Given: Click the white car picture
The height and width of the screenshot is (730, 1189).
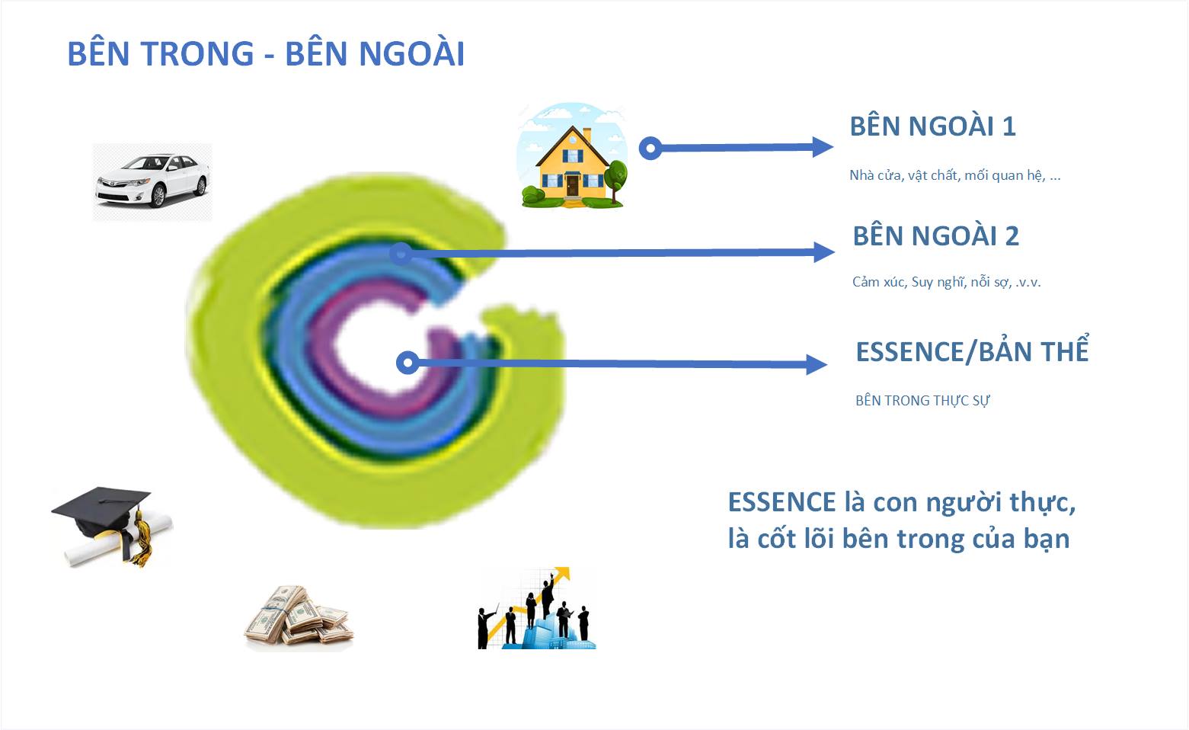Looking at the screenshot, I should click(x=152, y=181).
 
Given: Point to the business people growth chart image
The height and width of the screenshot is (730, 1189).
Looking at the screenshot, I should click(x=536, y=610).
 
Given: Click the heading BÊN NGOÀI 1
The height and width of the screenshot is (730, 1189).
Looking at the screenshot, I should click(x=932, y=126).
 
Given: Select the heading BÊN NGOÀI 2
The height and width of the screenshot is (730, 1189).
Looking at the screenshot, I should click(x=935, y=236).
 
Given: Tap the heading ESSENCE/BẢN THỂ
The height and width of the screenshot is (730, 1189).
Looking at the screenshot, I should click(x=972, y=352).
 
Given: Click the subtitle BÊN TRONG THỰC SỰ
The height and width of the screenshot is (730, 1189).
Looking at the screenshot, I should click(x=922, y=401).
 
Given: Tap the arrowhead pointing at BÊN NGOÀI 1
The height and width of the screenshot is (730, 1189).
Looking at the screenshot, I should click(x=823, y=147).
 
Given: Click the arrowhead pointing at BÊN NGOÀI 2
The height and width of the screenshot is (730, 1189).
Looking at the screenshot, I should click(x=824, y=252).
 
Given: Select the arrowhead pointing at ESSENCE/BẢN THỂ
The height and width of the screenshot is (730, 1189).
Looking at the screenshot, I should click(x=817, y=364).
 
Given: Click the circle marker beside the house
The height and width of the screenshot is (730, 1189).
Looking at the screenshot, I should click(x=650, y=148).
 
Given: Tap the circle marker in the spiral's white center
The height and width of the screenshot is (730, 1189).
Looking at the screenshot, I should click(x=408, y=363).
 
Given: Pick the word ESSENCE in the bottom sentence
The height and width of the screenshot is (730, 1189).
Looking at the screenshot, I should click(x=781, y=503).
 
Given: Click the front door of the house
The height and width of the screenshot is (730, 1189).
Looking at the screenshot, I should click(x=572, y=185).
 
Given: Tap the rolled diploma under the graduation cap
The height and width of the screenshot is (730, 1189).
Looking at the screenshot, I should click(x=91, y=547).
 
